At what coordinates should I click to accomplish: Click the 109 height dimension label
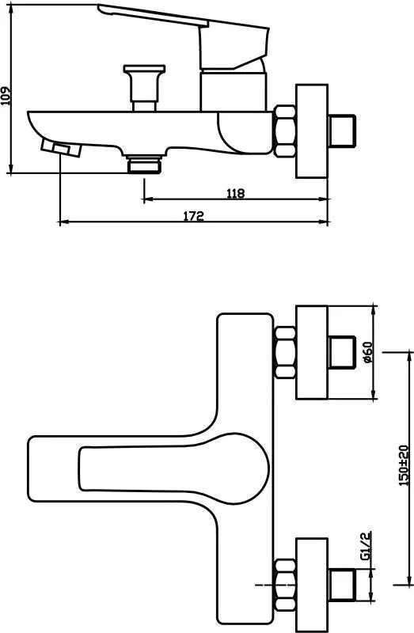6,96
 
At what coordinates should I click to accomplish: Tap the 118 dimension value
235,193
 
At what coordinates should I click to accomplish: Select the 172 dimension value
194,216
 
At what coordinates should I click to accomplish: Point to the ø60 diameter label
368,352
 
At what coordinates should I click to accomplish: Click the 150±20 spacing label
404,465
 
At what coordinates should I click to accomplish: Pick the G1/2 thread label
366,547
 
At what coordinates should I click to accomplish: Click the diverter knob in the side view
145,88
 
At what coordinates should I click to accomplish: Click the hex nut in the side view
285,131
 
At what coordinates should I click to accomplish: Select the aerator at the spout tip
62,148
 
